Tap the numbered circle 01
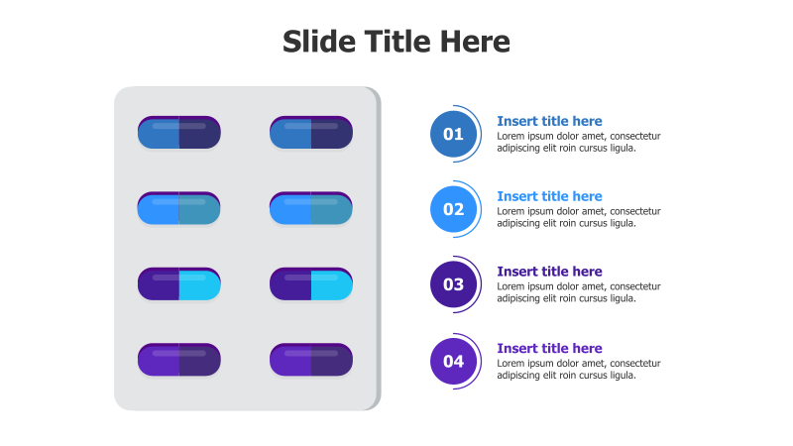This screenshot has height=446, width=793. tap(453, 134)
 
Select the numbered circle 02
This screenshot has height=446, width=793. tap(453, 209)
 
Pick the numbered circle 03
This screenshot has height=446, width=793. tap(453, 284)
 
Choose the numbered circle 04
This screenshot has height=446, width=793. tap(453, 361)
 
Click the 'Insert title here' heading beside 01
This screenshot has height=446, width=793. tap(549, 121)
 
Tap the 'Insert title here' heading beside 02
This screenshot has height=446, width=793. tap(549, 196)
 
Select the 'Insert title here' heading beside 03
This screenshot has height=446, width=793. tap(549, 272)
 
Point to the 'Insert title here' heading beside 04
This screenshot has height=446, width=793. tap(549, 348)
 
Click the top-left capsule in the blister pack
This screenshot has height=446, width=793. tap(178, 133)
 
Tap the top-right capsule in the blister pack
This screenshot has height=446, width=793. tap(311, 133)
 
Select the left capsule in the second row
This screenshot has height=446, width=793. tap(178, 208)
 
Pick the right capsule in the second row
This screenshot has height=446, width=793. tap(311, 208)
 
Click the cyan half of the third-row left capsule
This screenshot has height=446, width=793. tap(199, 284)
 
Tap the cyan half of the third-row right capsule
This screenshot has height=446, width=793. tap(332, 284)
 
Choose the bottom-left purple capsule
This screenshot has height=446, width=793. tap(178, 360)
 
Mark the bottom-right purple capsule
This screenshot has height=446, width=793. tap(311, 360)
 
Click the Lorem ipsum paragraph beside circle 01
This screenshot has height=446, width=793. tap(578, 142)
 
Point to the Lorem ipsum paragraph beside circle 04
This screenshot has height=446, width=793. tap(578, 369)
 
